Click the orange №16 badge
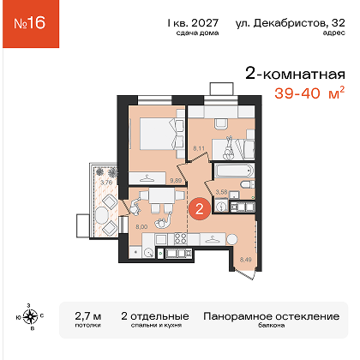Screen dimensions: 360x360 (x=31, y=24)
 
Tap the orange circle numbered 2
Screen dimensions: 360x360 (x=199, y=209)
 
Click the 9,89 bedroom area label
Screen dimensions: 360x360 (x=176, y=180)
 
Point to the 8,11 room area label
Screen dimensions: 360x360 (x=199, y=148)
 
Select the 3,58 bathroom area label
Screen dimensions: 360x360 (x=221, y=192)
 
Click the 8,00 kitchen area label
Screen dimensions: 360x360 (x=141, y=227)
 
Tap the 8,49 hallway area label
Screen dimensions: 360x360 (x=246, y=260)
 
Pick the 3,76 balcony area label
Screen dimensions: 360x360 (x=106, y=182)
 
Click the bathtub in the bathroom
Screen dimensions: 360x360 (x=234, y=171)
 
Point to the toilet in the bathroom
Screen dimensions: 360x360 (x=248, y=184)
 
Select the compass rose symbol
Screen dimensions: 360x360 (x=30, y=316)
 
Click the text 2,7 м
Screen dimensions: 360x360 (x=88, y=316)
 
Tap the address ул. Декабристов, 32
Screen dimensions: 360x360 (x=291, y=23)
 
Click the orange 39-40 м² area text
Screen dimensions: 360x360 (x=309, y=93)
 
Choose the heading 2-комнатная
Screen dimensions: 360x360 (x=296, y=74)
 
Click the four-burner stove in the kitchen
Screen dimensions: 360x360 (x=180, y=238)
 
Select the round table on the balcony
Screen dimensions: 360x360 (x=102, y=213)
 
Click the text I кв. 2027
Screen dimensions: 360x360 (x=193, y=23)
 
